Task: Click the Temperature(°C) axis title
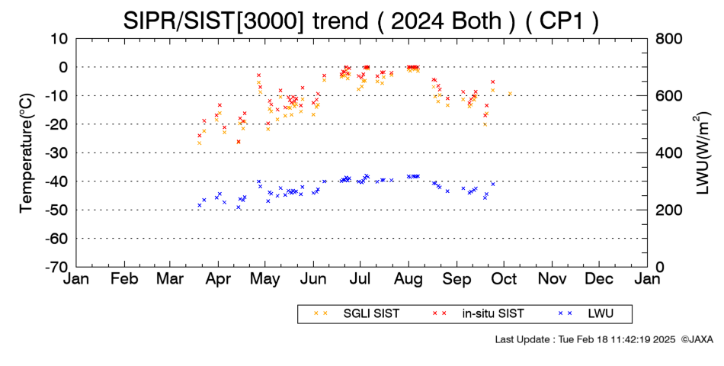27,153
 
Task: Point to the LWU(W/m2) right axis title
702,152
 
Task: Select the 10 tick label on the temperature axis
59,39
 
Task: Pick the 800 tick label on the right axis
668,39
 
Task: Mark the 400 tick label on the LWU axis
668,153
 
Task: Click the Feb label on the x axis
125,280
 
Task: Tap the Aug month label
409,280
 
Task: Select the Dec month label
599,280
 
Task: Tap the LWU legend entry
586,314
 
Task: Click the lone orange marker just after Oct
510,93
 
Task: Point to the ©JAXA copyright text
697,339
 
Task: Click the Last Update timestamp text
585,339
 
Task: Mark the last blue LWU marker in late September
492,184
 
